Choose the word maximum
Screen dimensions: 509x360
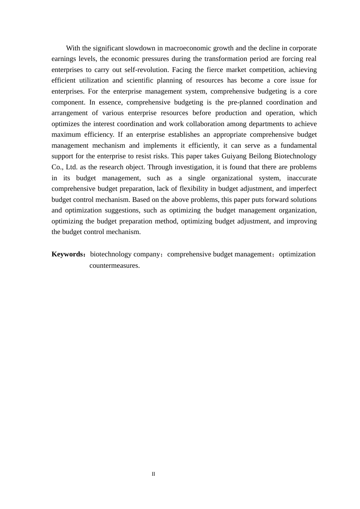click(x=66, y=134)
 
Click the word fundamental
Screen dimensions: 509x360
click(x=299, y=145)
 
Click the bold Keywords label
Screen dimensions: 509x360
click(x=67, y=254)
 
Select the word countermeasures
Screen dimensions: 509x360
click(x=114, y=265)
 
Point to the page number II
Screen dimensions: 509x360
click(x=153, y=474)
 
